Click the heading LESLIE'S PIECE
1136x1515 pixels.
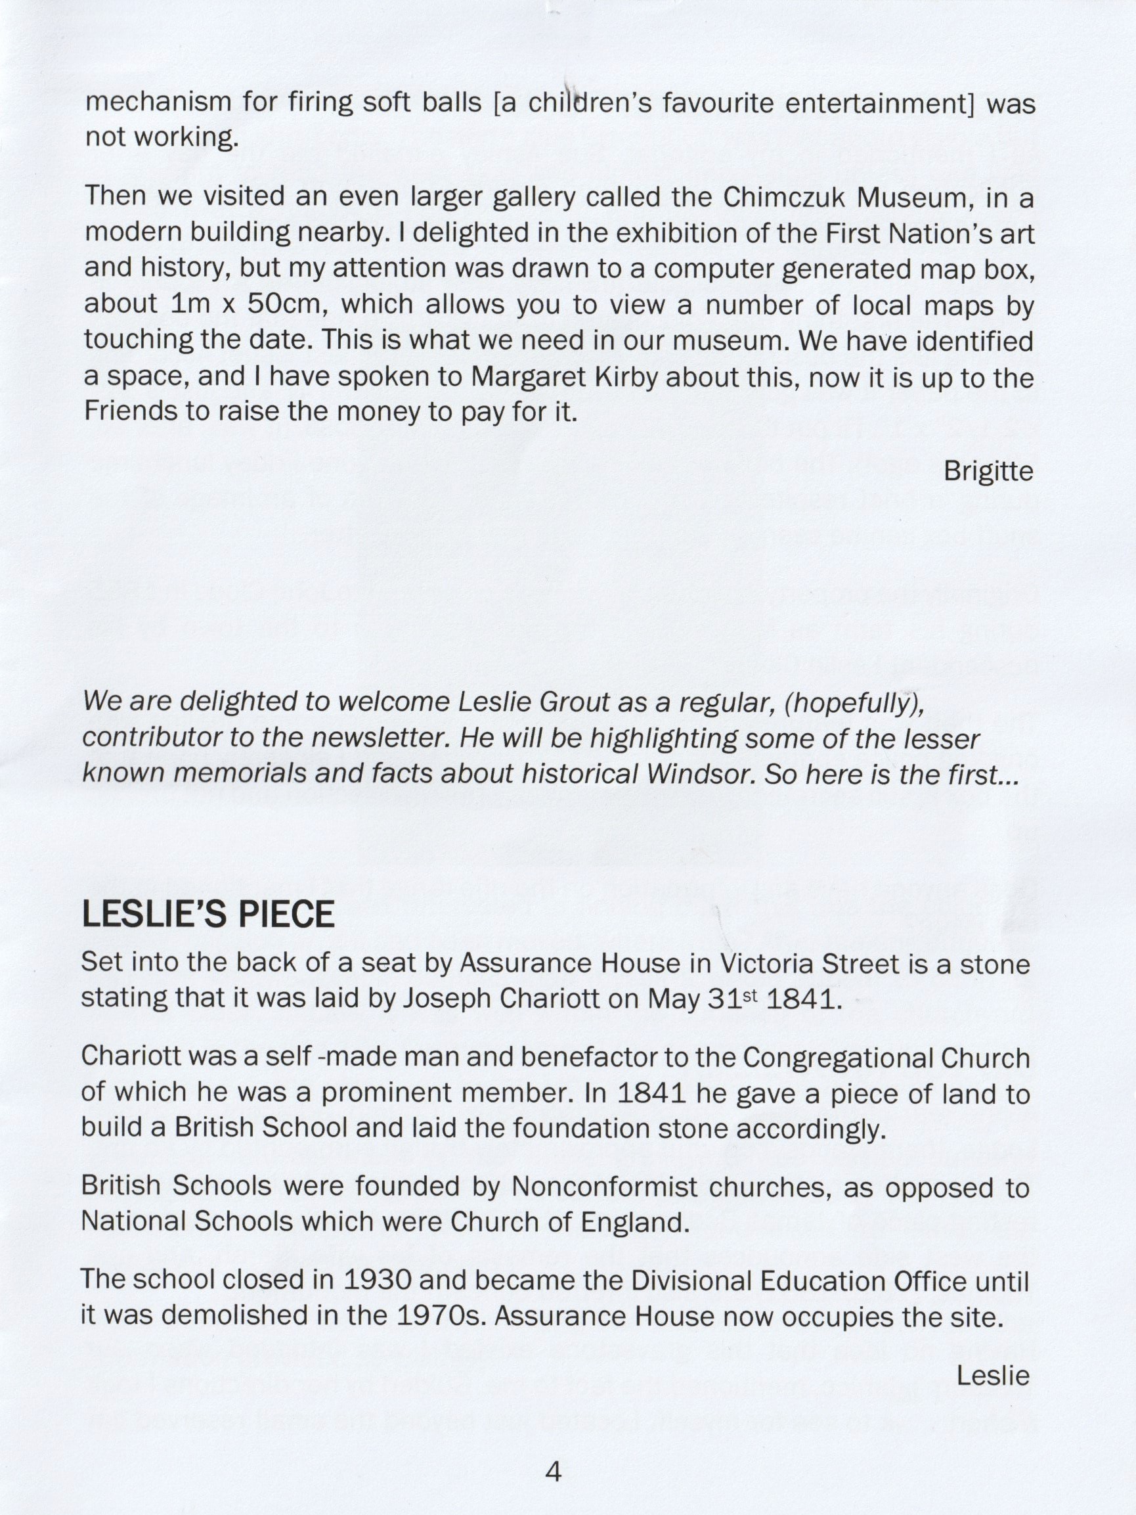pyautogui.click(x=208, y=915)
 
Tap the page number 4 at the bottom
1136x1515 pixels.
pyautogui.click(x=554, y=1470)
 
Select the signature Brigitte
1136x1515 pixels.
pyautogui.click(x=988, y=471)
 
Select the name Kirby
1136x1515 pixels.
pyautogui.click(x=602, y=376)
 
